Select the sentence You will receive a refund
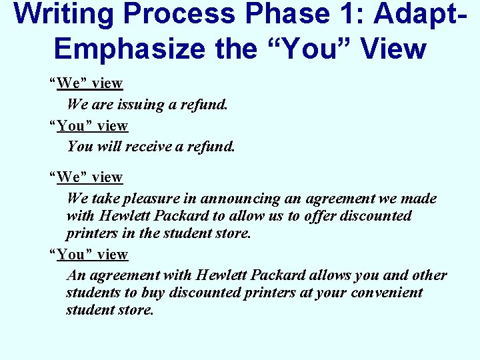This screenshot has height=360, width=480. coord(151,147)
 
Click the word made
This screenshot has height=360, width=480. coord(421,199)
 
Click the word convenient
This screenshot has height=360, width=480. coord(389,293)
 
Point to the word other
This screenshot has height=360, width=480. coord(431,275)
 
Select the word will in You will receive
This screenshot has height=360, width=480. coord(106,147)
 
